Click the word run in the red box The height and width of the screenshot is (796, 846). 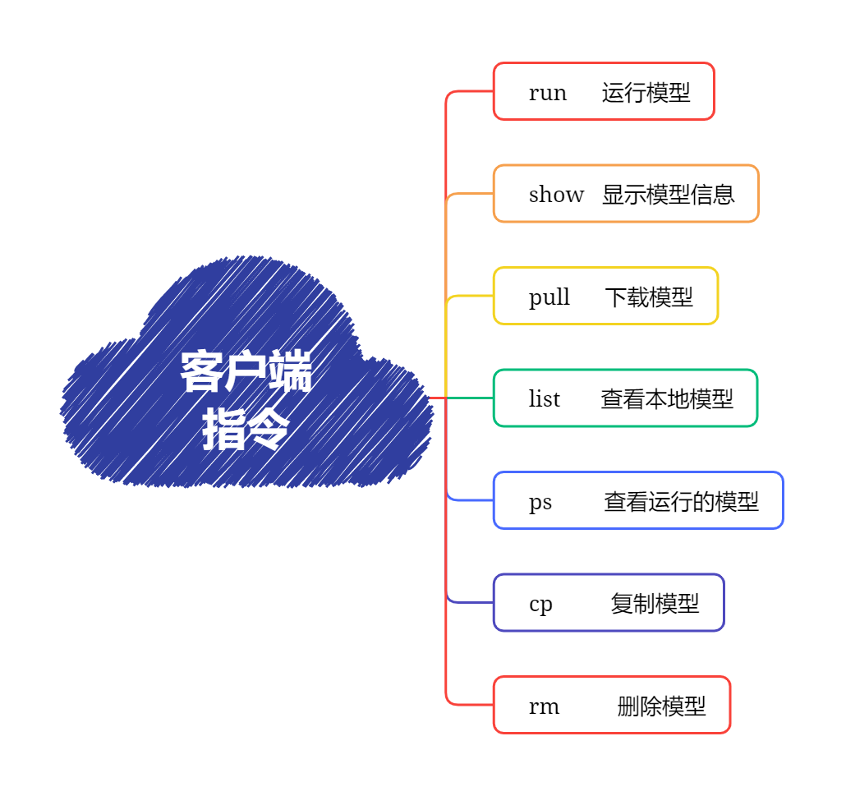(x=547, y=93)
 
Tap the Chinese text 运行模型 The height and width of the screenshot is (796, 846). (x=646, y=93)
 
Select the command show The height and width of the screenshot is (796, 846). (x=556, y=195)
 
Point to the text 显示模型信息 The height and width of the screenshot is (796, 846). (x=668, y=195)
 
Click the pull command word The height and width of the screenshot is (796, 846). (x=549, y=297)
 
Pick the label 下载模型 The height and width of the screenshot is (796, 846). (x=648, y=297)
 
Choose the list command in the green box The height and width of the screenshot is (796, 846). (x=544, y=399)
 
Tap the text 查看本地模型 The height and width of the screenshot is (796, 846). (x=666, y=399)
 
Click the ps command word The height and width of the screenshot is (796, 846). (x=540, y=502)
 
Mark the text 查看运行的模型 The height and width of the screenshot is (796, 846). (x=681, y=502)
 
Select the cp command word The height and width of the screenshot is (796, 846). (x=540, y=604)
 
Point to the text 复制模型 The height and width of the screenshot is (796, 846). (x=655, y=604)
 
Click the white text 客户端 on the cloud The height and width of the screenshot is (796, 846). (x=246, y=373)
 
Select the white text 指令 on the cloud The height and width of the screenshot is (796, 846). (x=246, y=429)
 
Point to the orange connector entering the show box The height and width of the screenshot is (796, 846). (x=471, y=194)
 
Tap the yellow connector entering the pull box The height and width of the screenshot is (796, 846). (x=471, y=296)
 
